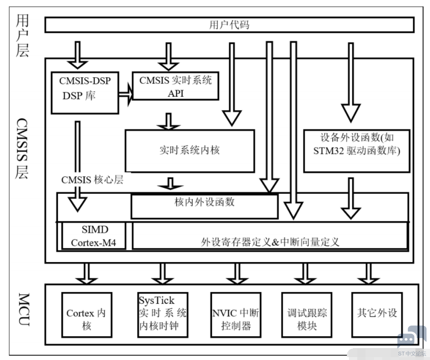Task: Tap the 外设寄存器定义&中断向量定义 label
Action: coord(270,242)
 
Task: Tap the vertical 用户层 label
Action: coord(22,36)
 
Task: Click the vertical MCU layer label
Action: coord(24,309)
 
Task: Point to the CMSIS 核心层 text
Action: coord(92,180)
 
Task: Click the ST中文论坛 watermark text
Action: coord(412,354)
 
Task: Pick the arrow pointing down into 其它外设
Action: coord(369,274)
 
